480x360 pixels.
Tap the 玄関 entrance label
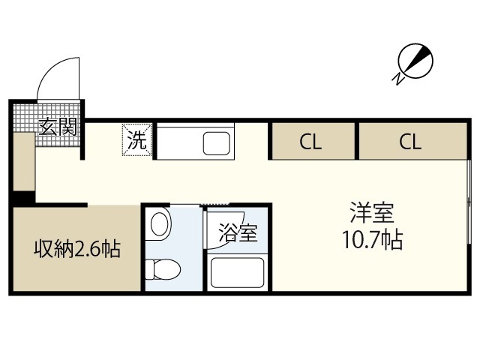point(58,126)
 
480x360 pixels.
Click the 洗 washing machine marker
point(137,140)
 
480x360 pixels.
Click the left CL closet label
point(311,142)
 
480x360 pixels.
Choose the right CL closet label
point(410,142)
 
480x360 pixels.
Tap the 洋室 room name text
point(372,213)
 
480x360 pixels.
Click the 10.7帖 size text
point(372,241)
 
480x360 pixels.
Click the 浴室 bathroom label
point(238,233)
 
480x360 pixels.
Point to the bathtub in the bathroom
point(237,272)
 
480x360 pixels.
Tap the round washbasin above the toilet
point(160,223)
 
